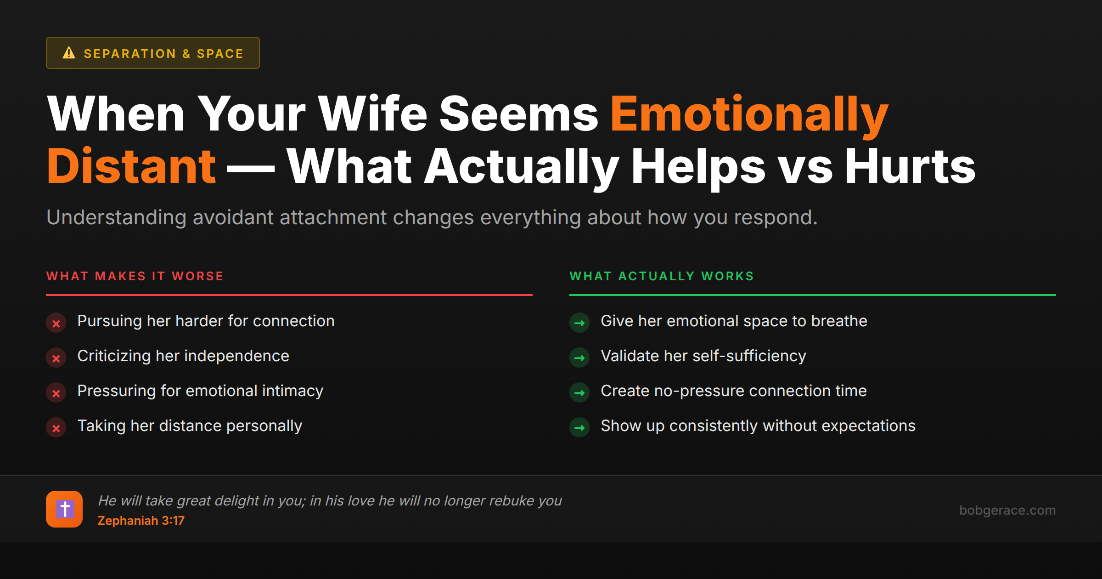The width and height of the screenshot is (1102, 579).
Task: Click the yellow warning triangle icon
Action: (x=69, y=53)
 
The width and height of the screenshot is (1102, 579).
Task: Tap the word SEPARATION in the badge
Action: (x=130, y=54)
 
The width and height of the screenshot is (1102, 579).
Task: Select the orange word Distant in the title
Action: (x=131, y=166)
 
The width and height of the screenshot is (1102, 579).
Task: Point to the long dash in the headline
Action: (x=251, y=168)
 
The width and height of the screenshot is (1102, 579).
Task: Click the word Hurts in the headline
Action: (x=910, y=166)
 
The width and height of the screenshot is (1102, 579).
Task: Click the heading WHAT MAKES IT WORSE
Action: (x=135, y=276)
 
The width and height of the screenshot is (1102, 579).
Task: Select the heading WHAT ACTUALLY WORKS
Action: (x=662, y=276)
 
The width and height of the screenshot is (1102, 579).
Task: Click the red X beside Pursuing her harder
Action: (x=56, y=323)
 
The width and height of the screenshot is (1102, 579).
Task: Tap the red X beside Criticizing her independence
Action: (x=56, y=358)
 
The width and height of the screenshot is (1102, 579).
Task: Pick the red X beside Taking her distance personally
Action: (x=56, y=428)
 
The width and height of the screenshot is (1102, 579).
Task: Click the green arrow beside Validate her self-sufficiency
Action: (x=579, y=358)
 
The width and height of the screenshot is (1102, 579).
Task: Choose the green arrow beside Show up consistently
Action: (x=579, y=428)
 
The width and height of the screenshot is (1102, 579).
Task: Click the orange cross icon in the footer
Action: (x=64, y=509)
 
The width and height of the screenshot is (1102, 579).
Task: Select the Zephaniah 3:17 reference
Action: (x=141, y=521)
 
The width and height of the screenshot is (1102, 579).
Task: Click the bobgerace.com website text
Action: (x=1007, y=510)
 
